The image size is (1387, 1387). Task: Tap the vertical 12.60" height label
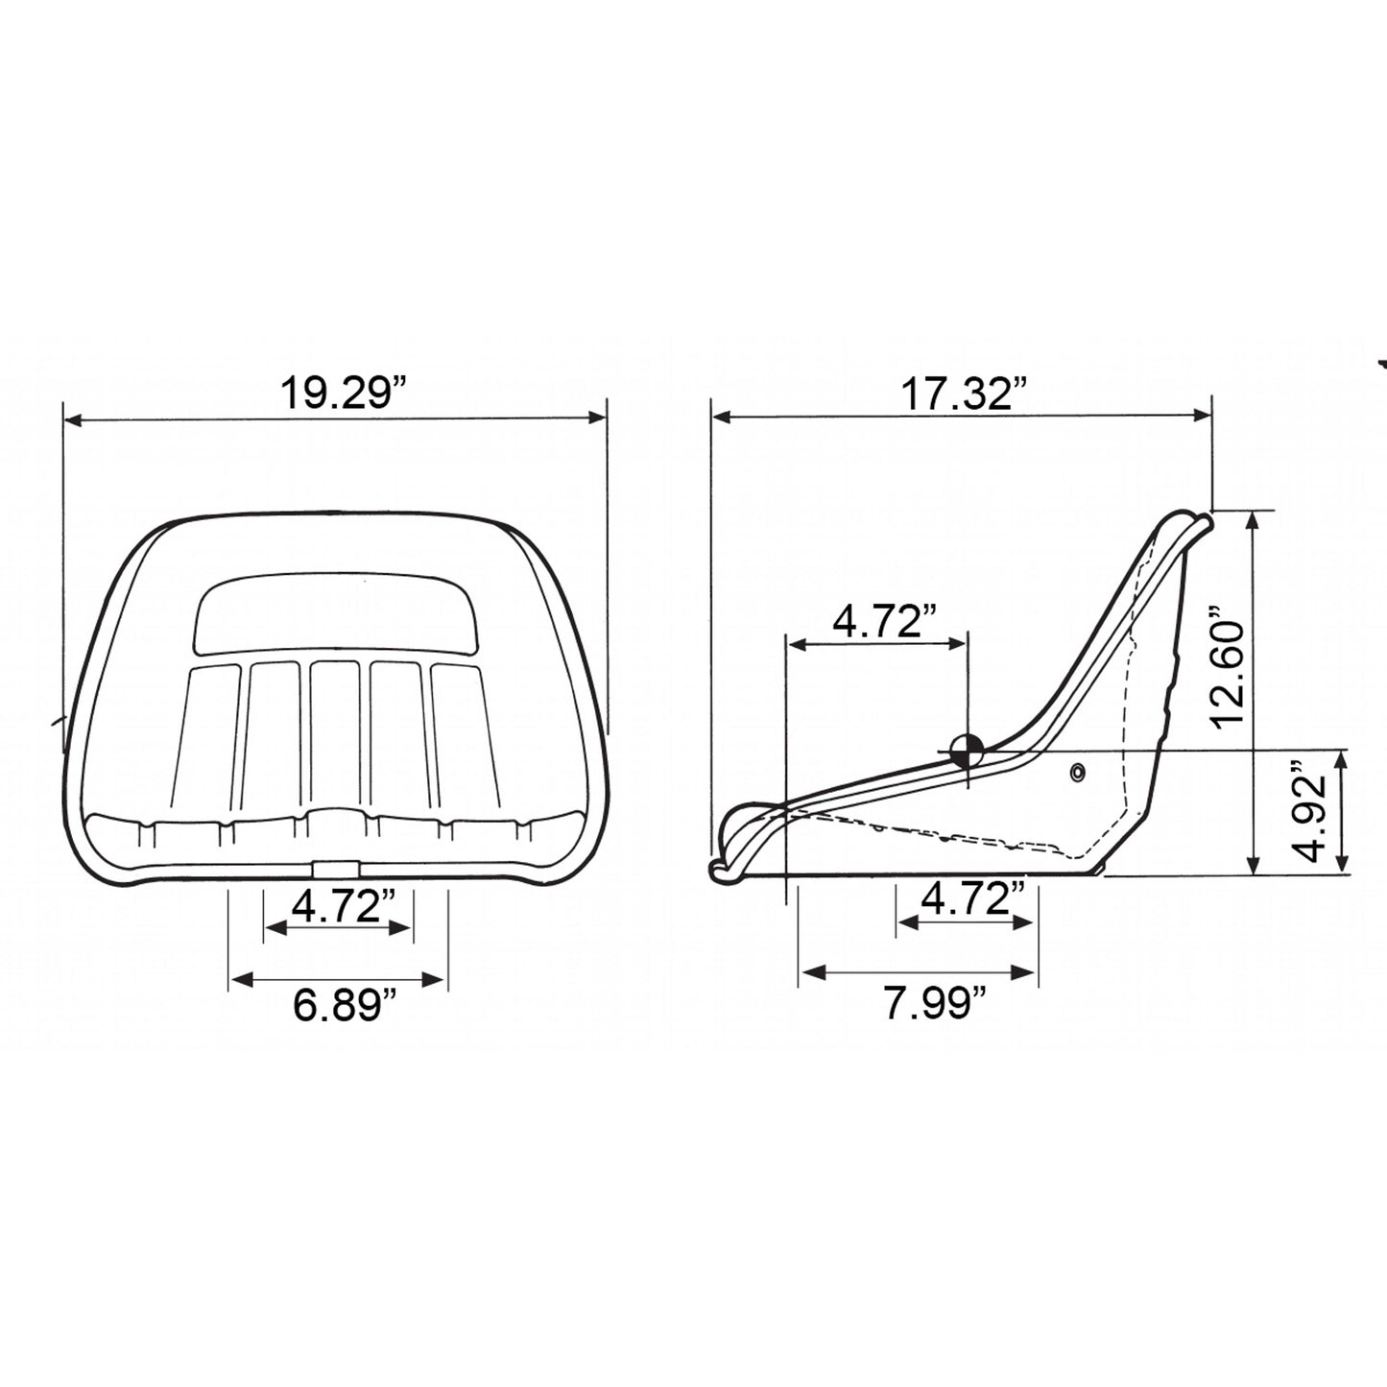coord(1230,669)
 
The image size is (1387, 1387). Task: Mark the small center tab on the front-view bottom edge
coord(334,869)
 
